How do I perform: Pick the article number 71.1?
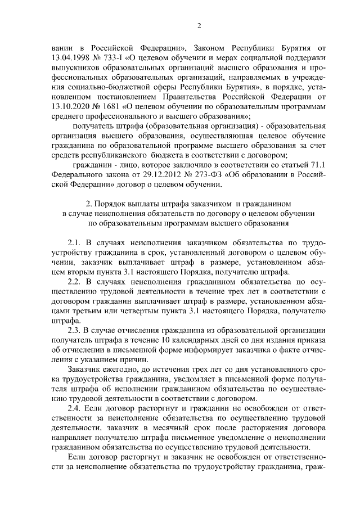click(x=316, y=164)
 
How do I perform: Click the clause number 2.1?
click(x=75, y=242)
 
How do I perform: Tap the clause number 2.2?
click(x=75, y=281)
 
